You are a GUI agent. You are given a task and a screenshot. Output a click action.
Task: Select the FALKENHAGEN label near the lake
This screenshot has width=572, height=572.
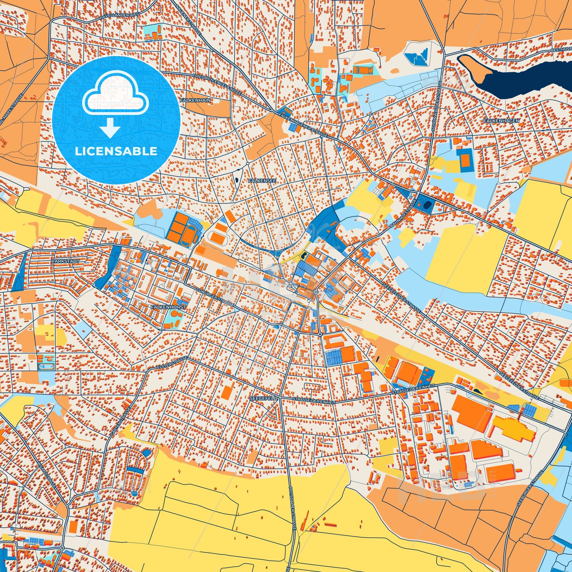[498, 121]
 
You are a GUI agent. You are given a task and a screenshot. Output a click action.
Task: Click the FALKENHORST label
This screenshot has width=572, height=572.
[168, 307]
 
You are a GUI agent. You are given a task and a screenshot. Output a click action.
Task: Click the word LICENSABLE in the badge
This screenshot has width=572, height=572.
[116, 151]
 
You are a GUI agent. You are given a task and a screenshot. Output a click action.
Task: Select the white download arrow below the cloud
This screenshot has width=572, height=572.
[110, 128]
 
